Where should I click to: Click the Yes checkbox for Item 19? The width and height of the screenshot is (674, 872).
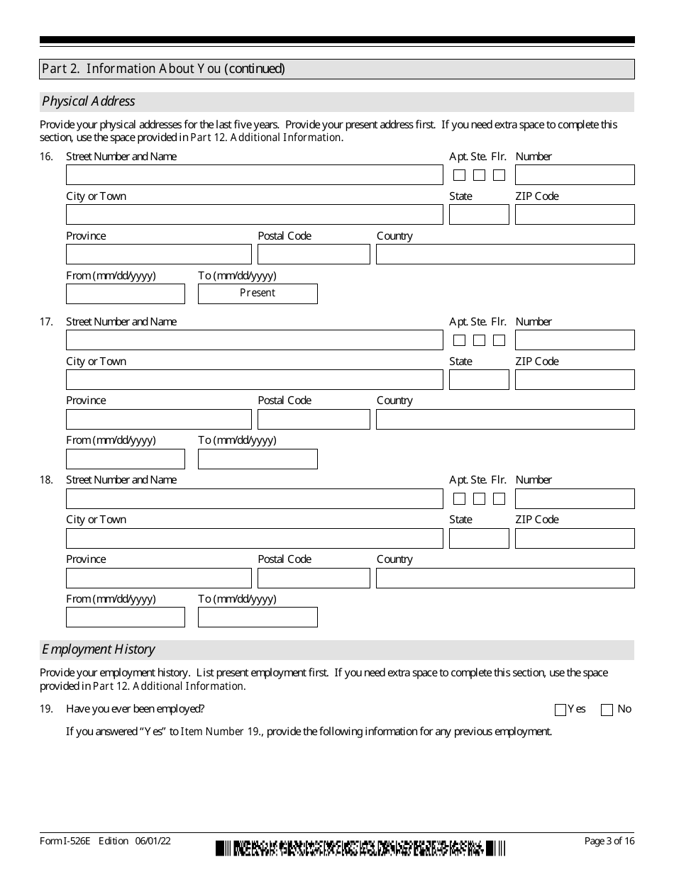click(560, 710)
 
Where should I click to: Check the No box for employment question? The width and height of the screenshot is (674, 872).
click(607, 710)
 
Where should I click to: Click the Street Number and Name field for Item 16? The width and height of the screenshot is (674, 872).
click(254, 175)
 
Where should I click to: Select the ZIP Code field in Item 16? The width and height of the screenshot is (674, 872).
click(575, 215)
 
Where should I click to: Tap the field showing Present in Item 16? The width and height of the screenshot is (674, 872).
click(258, 294)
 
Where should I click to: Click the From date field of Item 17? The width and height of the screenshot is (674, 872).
click(126, 459)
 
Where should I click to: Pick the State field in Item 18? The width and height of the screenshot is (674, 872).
click(479, 539)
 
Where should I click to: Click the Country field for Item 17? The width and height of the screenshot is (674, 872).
click(505, 420)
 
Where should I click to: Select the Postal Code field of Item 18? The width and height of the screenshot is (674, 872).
click(314, 578)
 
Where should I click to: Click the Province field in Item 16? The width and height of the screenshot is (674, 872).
click(159, 255)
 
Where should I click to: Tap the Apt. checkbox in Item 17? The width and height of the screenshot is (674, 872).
click(460, 340)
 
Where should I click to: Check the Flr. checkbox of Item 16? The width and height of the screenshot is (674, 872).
click(499, 175)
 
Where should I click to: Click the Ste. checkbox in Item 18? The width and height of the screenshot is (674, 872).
click(480, 498)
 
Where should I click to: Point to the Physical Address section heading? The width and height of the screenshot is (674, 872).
click(89, 101)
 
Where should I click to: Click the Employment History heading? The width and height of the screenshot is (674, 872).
click(99, 649)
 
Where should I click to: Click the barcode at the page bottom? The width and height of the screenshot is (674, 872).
click(360, 847)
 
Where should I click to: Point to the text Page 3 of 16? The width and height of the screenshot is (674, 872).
click(609, 842)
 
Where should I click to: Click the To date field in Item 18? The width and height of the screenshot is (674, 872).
click(258, 617)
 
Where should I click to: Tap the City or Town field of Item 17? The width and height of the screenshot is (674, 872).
click(254, 380)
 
